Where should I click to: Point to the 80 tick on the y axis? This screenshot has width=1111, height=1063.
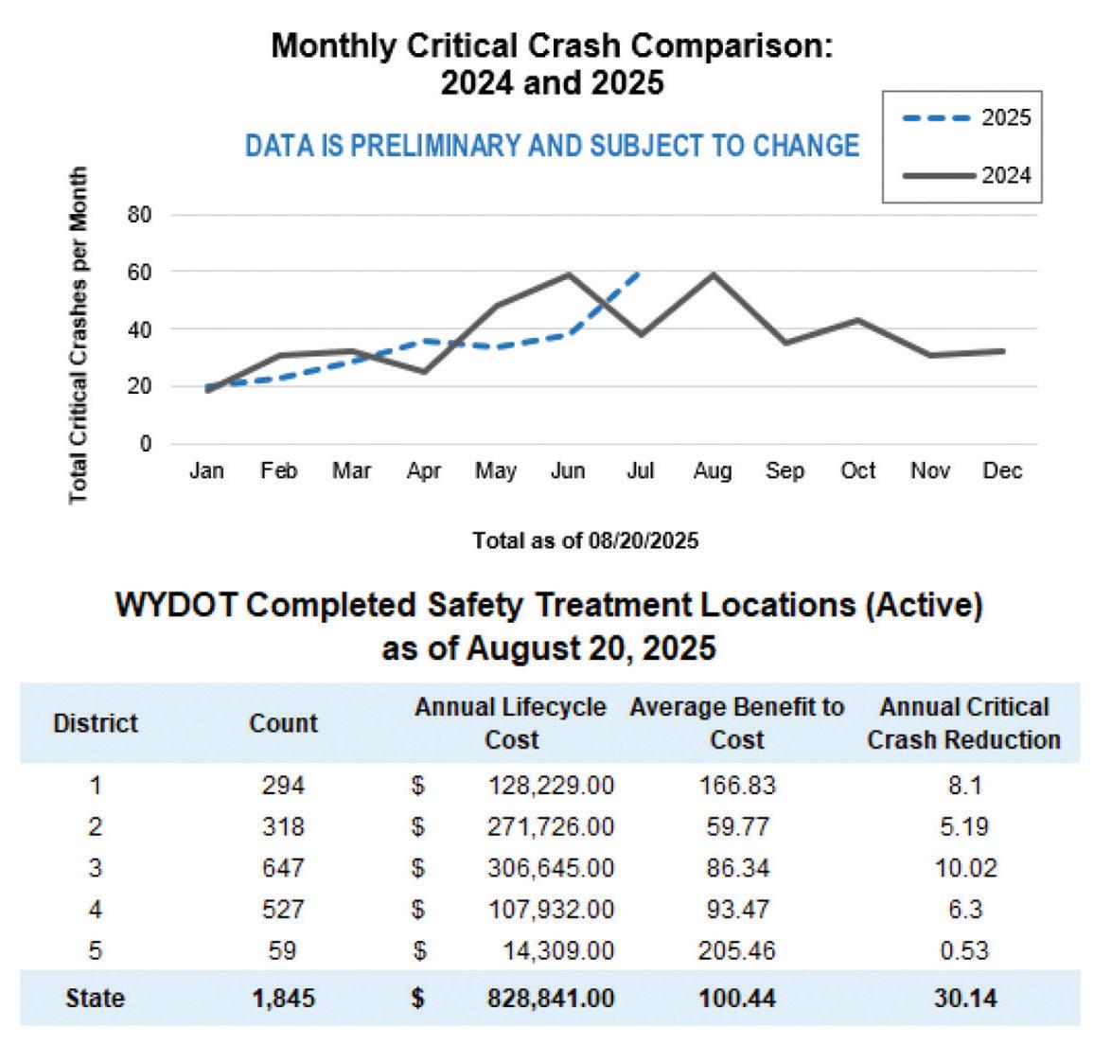pos(139,215)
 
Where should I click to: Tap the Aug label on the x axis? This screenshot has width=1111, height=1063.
pos(712,471)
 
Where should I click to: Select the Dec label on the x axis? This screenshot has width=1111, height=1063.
pos(1002,471)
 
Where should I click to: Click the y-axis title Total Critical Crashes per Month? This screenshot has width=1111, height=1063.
pos(79,336)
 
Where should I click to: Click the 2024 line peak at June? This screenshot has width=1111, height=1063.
pos(569,275)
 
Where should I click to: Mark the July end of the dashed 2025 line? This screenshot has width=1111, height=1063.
pos(640,273)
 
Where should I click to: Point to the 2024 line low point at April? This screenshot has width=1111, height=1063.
pos(424,371)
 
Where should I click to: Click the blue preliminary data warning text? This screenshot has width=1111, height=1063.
pos(552,146)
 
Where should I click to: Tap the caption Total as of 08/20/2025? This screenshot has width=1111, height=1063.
pos(585,540)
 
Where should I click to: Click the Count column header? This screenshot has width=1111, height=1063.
pos(283,723)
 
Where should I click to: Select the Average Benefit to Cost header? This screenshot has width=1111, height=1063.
pos(736,723)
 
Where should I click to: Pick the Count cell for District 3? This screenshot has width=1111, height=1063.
pos(283,868)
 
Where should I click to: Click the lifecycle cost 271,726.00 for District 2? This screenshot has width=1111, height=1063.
pos(551,826)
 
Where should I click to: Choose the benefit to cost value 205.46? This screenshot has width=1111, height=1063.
pos(736,950)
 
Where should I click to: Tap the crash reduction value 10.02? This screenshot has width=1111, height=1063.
pos(965,868)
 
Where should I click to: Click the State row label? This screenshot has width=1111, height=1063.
pos(95,998)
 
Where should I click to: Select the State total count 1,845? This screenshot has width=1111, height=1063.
pos(283,998)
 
